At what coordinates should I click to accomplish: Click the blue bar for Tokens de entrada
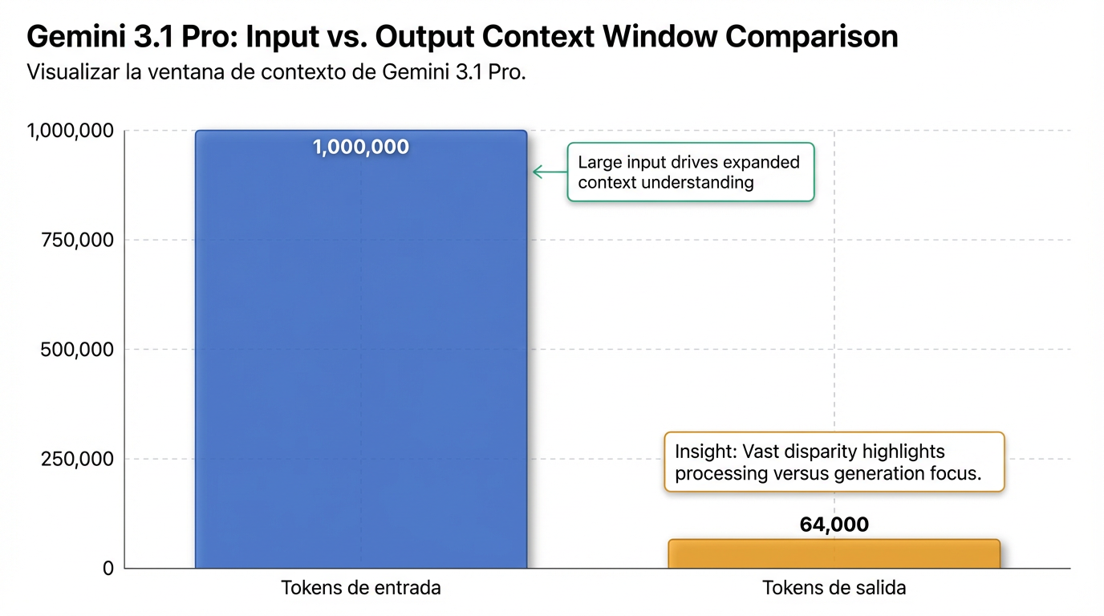coord(361,349)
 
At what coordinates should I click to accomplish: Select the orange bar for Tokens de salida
coord(834,554)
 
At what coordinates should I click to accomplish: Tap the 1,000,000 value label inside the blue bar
coord(361,147)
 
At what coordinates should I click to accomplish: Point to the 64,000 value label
coord(834,525)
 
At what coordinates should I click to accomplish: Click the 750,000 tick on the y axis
coord(77,240)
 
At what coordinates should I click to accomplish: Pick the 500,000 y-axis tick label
coord(77,350)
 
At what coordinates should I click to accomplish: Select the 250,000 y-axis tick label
coord(77,459)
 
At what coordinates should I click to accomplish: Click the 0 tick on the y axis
coord(108,568)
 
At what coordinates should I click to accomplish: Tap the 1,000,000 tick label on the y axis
coord(71,131)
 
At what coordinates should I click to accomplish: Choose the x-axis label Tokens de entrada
coord(361,588)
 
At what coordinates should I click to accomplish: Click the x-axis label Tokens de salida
coord(834,588)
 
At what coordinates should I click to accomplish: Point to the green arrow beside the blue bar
coord(550,172)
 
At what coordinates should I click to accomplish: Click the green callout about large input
coord(691,172)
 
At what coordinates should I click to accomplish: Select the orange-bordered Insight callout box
coord(834,462)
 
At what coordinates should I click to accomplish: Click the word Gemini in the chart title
coord(76,36)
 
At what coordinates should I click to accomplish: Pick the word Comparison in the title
coord(812,37)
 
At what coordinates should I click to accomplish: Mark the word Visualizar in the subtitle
coord(73,72)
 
